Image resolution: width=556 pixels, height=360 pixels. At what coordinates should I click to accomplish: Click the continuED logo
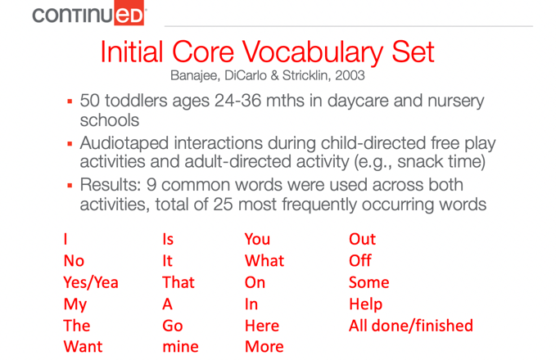(x=88, y=13)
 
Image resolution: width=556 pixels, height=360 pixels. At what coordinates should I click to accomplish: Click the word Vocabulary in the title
(x=313, y=53)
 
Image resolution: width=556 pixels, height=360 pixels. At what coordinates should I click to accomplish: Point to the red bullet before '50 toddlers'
(x=70, y=102)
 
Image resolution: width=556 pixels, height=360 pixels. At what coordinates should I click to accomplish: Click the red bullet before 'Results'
(x=70, y=185)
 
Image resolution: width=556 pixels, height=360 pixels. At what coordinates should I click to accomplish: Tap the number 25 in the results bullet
(x=224, y=205)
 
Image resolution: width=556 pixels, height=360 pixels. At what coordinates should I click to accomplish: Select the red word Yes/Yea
(x=91, y=283)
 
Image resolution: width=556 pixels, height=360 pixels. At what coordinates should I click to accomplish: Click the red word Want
(x=83, y=347)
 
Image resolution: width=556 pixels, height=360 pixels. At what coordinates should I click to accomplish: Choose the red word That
(x=179, y=282)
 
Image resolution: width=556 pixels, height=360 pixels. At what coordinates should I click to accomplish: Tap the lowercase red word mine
(x=180, y=347)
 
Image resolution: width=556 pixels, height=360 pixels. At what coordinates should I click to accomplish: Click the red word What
(x=264, y=261)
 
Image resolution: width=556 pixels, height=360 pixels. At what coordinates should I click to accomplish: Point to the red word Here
(x=262, y=326)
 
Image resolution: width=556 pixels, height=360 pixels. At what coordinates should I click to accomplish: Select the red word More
(x=264, y=347)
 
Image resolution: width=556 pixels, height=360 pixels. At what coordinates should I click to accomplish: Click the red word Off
(x=360, y=261)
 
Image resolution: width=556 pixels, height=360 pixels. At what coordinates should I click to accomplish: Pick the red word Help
(x=365, y=304)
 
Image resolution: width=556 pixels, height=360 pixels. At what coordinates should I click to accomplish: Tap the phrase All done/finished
(x=411, y=326)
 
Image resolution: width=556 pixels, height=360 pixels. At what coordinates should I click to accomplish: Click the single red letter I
(x=66, y=239)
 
